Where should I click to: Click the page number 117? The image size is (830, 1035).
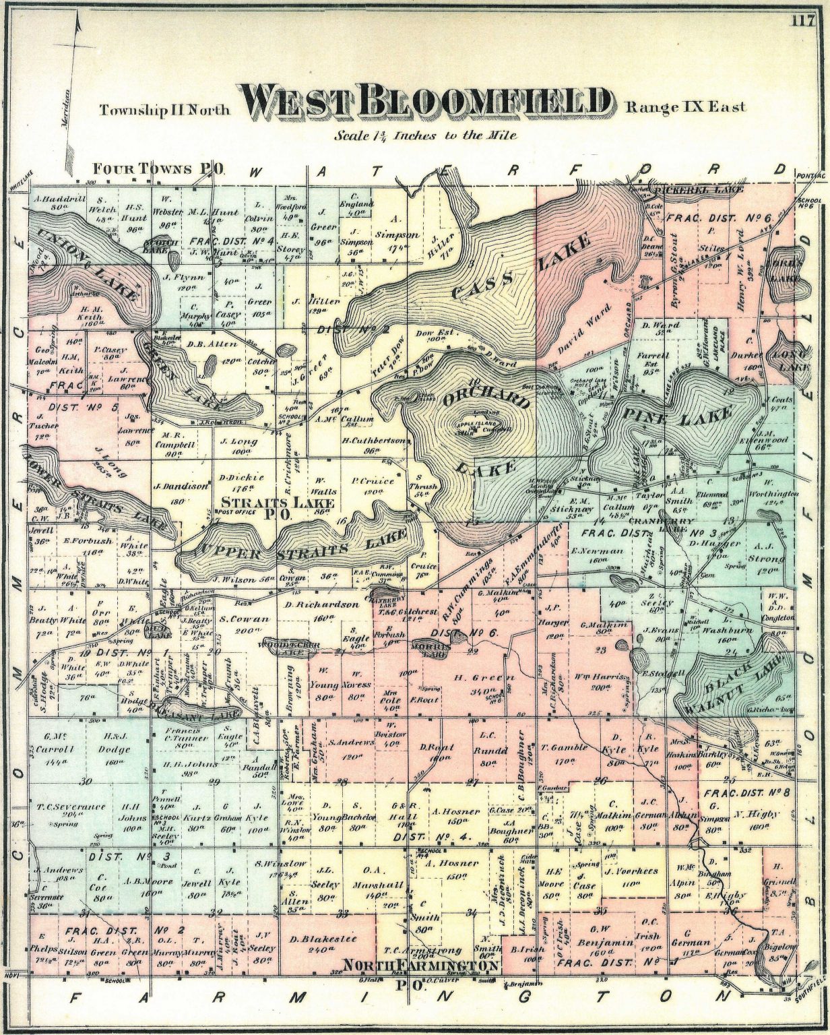[x=804, y=20]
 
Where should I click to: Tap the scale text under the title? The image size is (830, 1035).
[x=426, y=135]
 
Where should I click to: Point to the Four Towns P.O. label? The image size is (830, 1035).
[x=159, y=168]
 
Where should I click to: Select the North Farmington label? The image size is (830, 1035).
[x=420, y=966]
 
